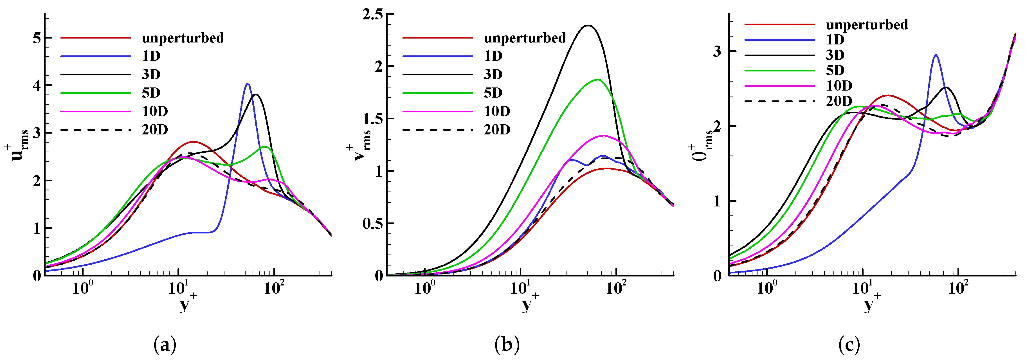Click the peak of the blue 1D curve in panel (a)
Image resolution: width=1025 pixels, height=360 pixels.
[247, 84]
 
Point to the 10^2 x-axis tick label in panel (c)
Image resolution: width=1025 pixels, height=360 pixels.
[958, 288]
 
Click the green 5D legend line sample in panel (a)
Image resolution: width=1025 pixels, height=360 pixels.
[96, 93]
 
